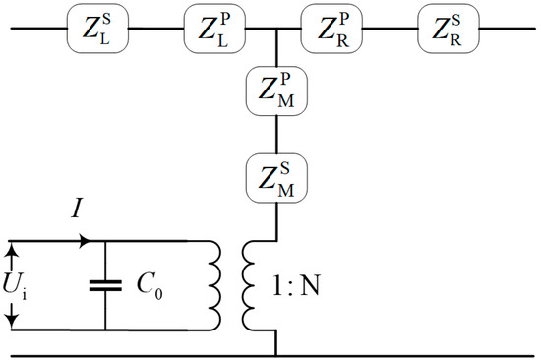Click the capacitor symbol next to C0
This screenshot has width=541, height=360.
[105, 284]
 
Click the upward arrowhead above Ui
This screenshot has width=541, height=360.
[11, 254]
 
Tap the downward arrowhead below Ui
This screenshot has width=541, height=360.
[11, 317]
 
